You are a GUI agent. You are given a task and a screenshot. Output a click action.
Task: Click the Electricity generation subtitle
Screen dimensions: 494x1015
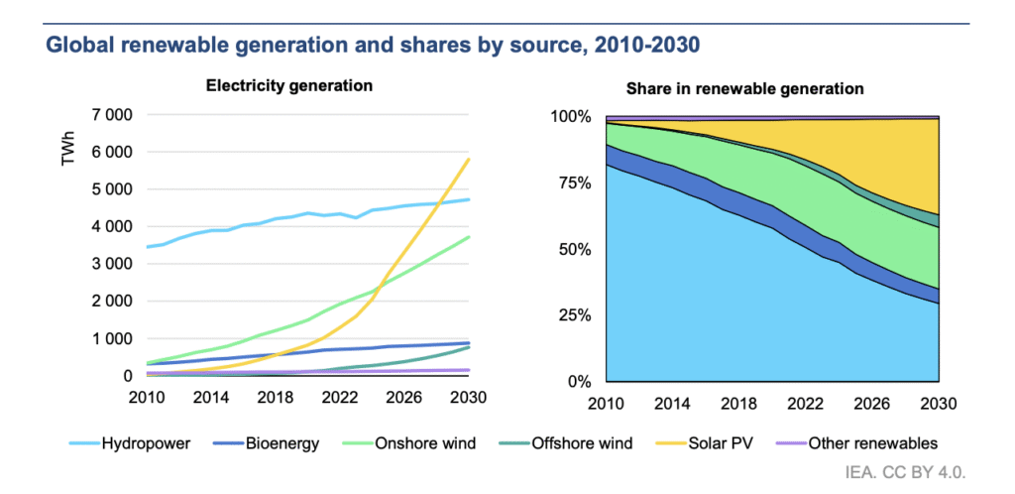(x=288, y=85)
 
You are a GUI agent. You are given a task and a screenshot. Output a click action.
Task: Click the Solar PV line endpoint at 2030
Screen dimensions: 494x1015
(x=470, y=159)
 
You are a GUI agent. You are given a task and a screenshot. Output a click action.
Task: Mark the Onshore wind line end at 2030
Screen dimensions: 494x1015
(x=470, y=237)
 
